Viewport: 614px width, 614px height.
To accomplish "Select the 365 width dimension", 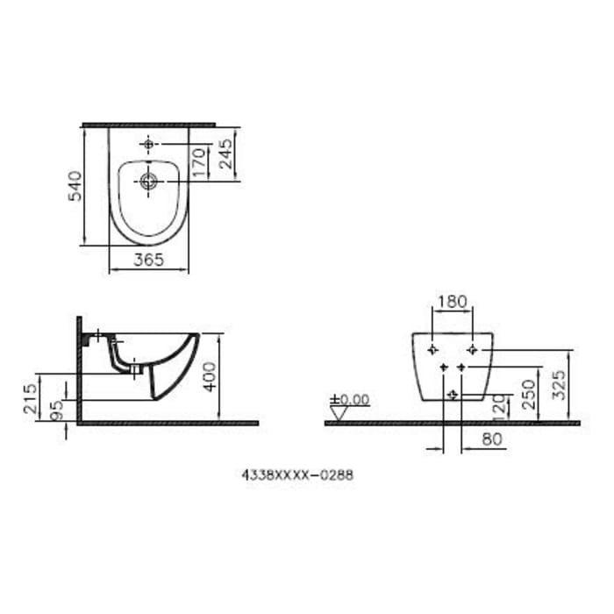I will pyautogui.click(x=149, y=261).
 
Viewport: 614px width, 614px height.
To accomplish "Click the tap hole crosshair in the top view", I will pyautogui.click(x=148, y=142).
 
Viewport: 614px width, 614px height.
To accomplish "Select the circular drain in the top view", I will pyautogui.click(x=148, y=182).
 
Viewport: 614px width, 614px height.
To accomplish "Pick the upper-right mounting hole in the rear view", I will pyautogui.click(x=473, y=350).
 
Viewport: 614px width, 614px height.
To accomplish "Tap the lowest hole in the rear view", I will pyautogui.click(x=452, y=396).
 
